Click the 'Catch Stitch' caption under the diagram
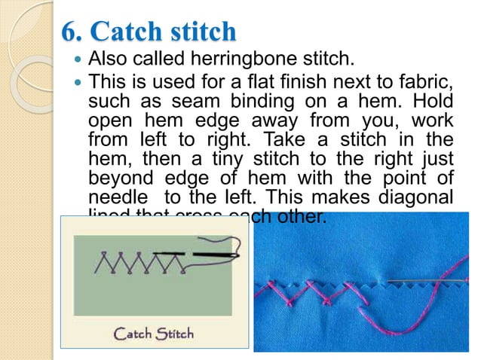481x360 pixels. (x=153, y=333)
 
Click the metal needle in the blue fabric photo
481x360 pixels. (x=422, y=283)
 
